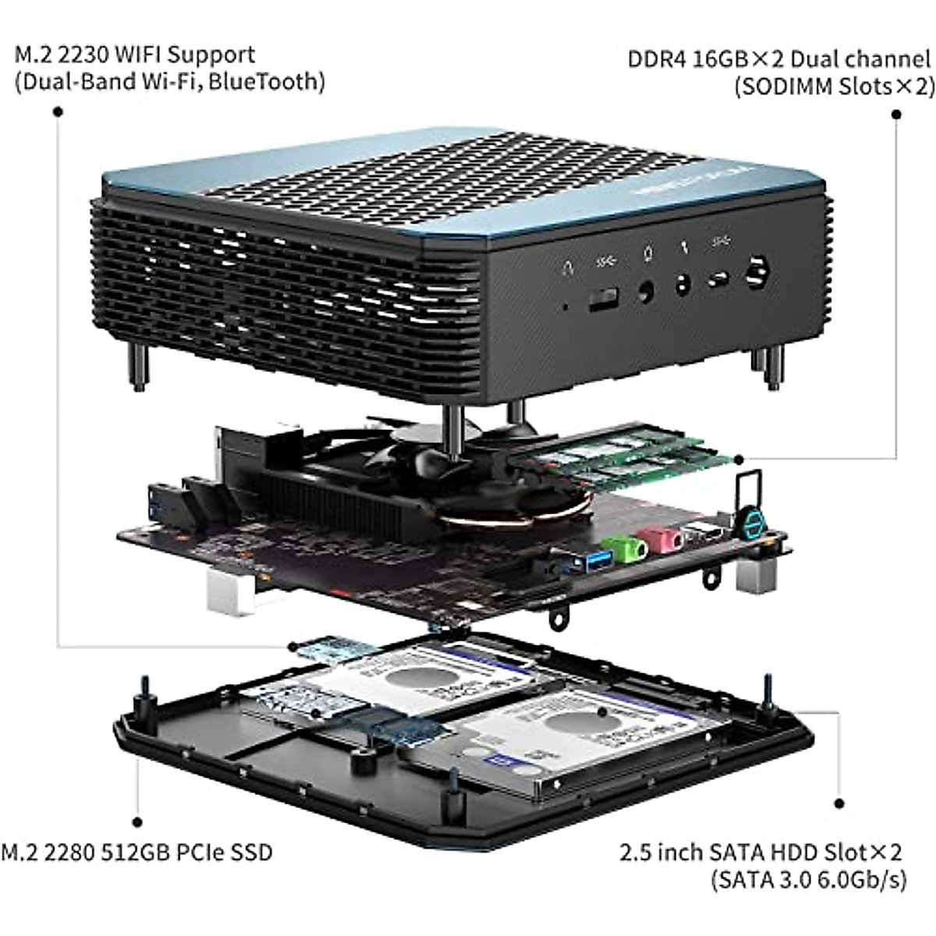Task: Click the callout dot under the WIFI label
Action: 58,112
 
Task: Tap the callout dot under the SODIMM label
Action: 896,115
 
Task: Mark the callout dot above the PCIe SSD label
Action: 137,821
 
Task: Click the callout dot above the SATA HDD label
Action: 839,803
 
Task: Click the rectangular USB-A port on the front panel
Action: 603,299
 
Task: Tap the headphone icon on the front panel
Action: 567,268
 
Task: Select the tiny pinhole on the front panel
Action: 565,306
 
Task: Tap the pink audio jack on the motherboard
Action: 661,539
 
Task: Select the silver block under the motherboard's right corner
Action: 756,575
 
